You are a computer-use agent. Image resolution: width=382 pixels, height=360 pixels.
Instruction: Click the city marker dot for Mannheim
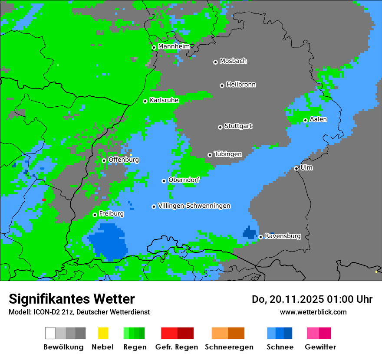pos(154,48)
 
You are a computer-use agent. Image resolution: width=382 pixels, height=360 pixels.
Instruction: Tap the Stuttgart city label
pos(238,126)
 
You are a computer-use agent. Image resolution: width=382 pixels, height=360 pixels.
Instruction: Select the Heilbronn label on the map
pos(241,85)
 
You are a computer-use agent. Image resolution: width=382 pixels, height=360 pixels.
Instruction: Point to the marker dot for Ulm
pos(296,168)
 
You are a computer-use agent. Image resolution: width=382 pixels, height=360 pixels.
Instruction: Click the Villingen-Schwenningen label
pos(194,206)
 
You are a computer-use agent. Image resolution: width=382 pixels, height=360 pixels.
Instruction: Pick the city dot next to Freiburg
pos(95,215)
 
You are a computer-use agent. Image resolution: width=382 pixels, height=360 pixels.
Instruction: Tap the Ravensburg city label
pos(283,236)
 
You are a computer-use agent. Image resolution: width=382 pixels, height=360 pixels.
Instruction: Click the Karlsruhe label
pos(164,100)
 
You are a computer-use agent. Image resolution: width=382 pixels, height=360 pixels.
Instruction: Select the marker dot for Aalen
pos(305,120)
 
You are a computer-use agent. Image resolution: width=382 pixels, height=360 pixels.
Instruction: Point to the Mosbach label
pos(233,61)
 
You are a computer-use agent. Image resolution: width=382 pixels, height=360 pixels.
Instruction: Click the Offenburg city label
pos(124,160)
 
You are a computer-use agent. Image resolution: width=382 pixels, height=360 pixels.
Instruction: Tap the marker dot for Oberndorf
pos(164,181)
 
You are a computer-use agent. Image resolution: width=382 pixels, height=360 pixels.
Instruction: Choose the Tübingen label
pos(228,154)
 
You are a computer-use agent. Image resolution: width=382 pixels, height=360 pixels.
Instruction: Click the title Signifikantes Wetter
pos(72,299)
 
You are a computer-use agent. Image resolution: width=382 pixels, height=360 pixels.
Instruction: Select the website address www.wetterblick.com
pos(313,312)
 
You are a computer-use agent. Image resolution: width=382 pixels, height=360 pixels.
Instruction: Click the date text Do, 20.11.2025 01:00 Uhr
pos(312,299)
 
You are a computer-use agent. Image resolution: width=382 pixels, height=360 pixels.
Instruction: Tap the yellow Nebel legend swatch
pos(103,333)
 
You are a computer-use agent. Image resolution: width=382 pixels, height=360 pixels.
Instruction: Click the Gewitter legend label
pos(320,347)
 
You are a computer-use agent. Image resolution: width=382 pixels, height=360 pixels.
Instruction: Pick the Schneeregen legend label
pos(229,347)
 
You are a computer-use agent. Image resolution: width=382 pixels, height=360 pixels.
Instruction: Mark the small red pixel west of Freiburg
pos(44,200)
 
